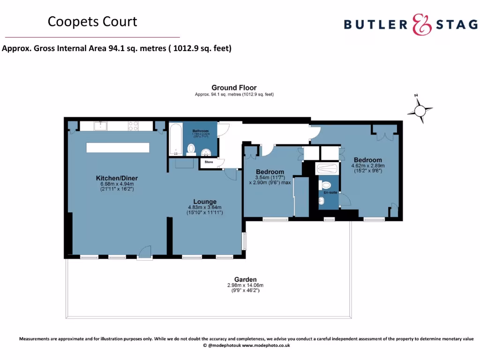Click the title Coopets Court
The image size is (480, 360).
coord(92,22)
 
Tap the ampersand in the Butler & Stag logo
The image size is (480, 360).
coord(421,24)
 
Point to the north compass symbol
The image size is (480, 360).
coord(420,111)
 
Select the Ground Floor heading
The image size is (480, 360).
coord(234,88)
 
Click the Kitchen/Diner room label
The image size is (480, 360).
coord(117,178)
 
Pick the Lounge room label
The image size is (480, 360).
coord(204,202)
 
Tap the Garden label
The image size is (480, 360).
coord(245,280)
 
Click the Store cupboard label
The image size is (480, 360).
coord(209,162)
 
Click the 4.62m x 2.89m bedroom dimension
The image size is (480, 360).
coord(368,166)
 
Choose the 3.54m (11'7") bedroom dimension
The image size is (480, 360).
coord(270,177)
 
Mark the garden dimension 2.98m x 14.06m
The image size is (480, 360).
coord(245,285)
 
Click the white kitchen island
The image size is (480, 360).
coord(118,147)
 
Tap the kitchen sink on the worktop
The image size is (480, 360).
coord(100,126)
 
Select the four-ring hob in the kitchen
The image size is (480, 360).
coord(133,126)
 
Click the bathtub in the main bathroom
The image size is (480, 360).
coord(175,139)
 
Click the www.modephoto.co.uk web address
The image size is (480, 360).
coord(266,345)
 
